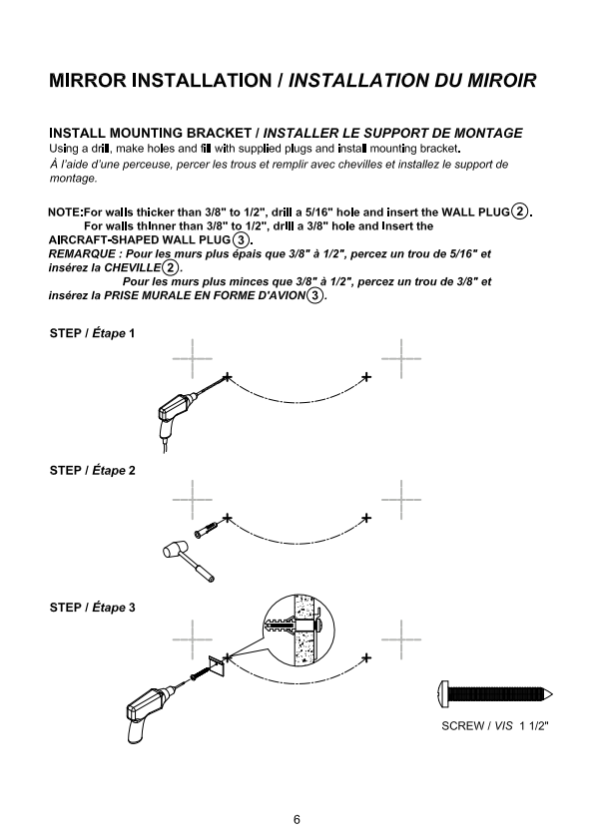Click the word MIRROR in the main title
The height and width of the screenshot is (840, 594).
pyautogui.click(x=89, y=81)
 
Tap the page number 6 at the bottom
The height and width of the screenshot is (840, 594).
pyautogui.click(x=297, y=819)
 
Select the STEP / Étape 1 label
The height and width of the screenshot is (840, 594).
pyautogui.click(x=92, y=333)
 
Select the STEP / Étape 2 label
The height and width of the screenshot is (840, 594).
pyautogui.click(x=92, y=470)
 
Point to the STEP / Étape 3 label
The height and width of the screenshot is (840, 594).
pyautogui.click(x=92, y=608)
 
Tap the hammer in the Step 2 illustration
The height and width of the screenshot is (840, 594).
pyautogui.click(x=188, y=562)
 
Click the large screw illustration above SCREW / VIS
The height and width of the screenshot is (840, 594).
pyautogui.click(x=495, y=695)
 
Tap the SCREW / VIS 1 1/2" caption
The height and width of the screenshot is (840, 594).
pyautogui.click(x=495, y=726)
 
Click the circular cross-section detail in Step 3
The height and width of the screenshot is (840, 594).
pyautogui.click(x=299, y=630)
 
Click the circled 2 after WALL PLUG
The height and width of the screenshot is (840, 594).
pyautogui.click(x=519, y=211)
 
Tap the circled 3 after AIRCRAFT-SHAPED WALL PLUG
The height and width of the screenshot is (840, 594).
pyautogui.click(x=242, y=239)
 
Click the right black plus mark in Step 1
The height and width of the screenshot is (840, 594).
pyautogui.click(x=366, y=377)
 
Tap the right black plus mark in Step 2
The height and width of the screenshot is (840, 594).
pyautogui.click(x=366, y=518)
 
